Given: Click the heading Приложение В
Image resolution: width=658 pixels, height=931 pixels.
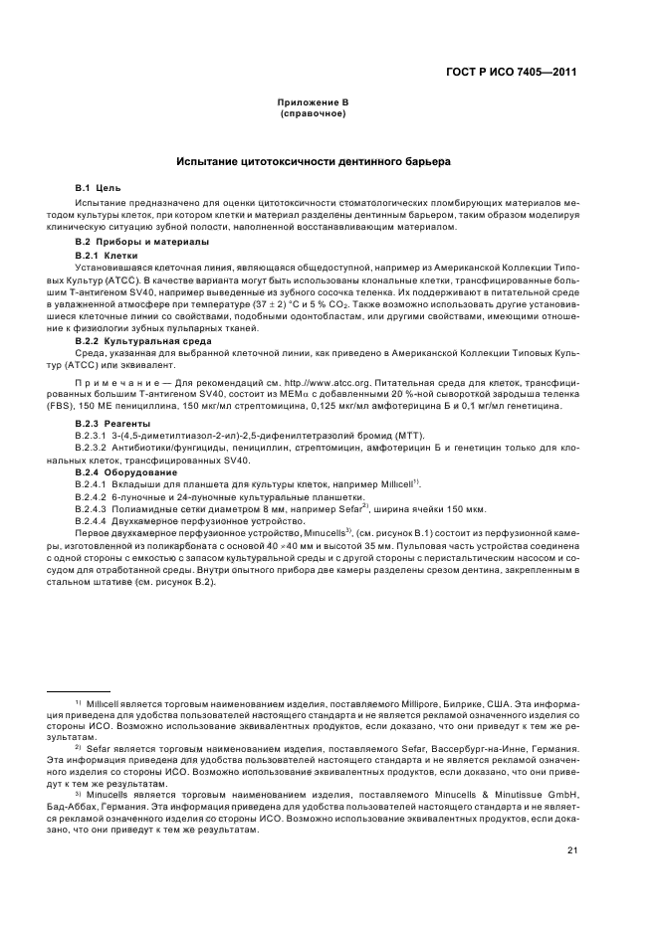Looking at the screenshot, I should pos(313,102).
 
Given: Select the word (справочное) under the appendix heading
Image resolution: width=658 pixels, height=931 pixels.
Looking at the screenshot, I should pos(313,113).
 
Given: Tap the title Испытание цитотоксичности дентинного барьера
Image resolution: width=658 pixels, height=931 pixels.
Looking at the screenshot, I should pos(313,161).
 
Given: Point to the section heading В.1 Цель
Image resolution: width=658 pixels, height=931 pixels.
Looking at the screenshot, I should pos(99,187).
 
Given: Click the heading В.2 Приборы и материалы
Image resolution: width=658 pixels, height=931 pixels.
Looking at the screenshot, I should pos(142,242).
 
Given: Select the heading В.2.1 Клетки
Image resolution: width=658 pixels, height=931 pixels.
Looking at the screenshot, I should pos(107,256).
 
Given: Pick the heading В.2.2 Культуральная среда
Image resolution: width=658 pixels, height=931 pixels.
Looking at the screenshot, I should pos(143,341).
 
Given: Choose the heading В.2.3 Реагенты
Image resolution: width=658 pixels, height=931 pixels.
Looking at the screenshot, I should pos(112,424).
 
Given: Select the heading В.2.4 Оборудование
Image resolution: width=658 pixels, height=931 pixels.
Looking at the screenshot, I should pos(123,471).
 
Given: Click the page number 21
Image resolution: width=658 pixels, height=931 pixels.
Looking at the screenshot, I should pos(572,849).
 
